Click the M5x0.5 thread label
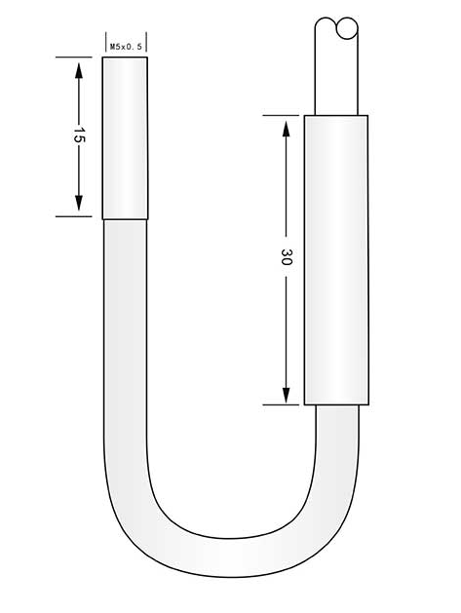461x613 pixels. tap(127, 45)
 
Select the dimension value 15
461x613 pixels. tap(78, 136)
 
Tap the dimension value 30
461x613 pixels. tap(286, 258)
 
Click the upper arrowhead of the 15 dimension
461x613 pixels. tap(78, 65)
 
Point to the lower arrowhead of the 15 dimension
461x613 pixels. tap(78, 207)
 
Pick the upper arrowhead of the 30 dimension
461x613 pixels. tap(286, 125)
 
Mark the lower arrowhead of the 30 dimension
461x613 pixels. tap(286, 395)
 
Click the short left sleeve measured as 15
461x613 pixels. tap(126, 136)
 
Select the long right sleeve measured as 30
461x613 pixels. tap(336, 259)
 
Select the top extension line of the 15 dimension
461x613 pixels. tap(78, 57)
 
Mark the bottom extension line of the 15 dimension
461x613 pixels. tap(78, 216)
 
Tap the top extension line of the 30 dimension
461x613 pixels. tap(283, 115)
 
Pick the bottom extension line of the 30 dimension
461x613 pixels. tap(283, 404)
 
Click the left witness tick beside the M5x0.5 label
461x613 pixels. tap(104, 43)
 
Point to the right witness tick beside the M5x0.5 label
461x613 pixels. tap(149, 43)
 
